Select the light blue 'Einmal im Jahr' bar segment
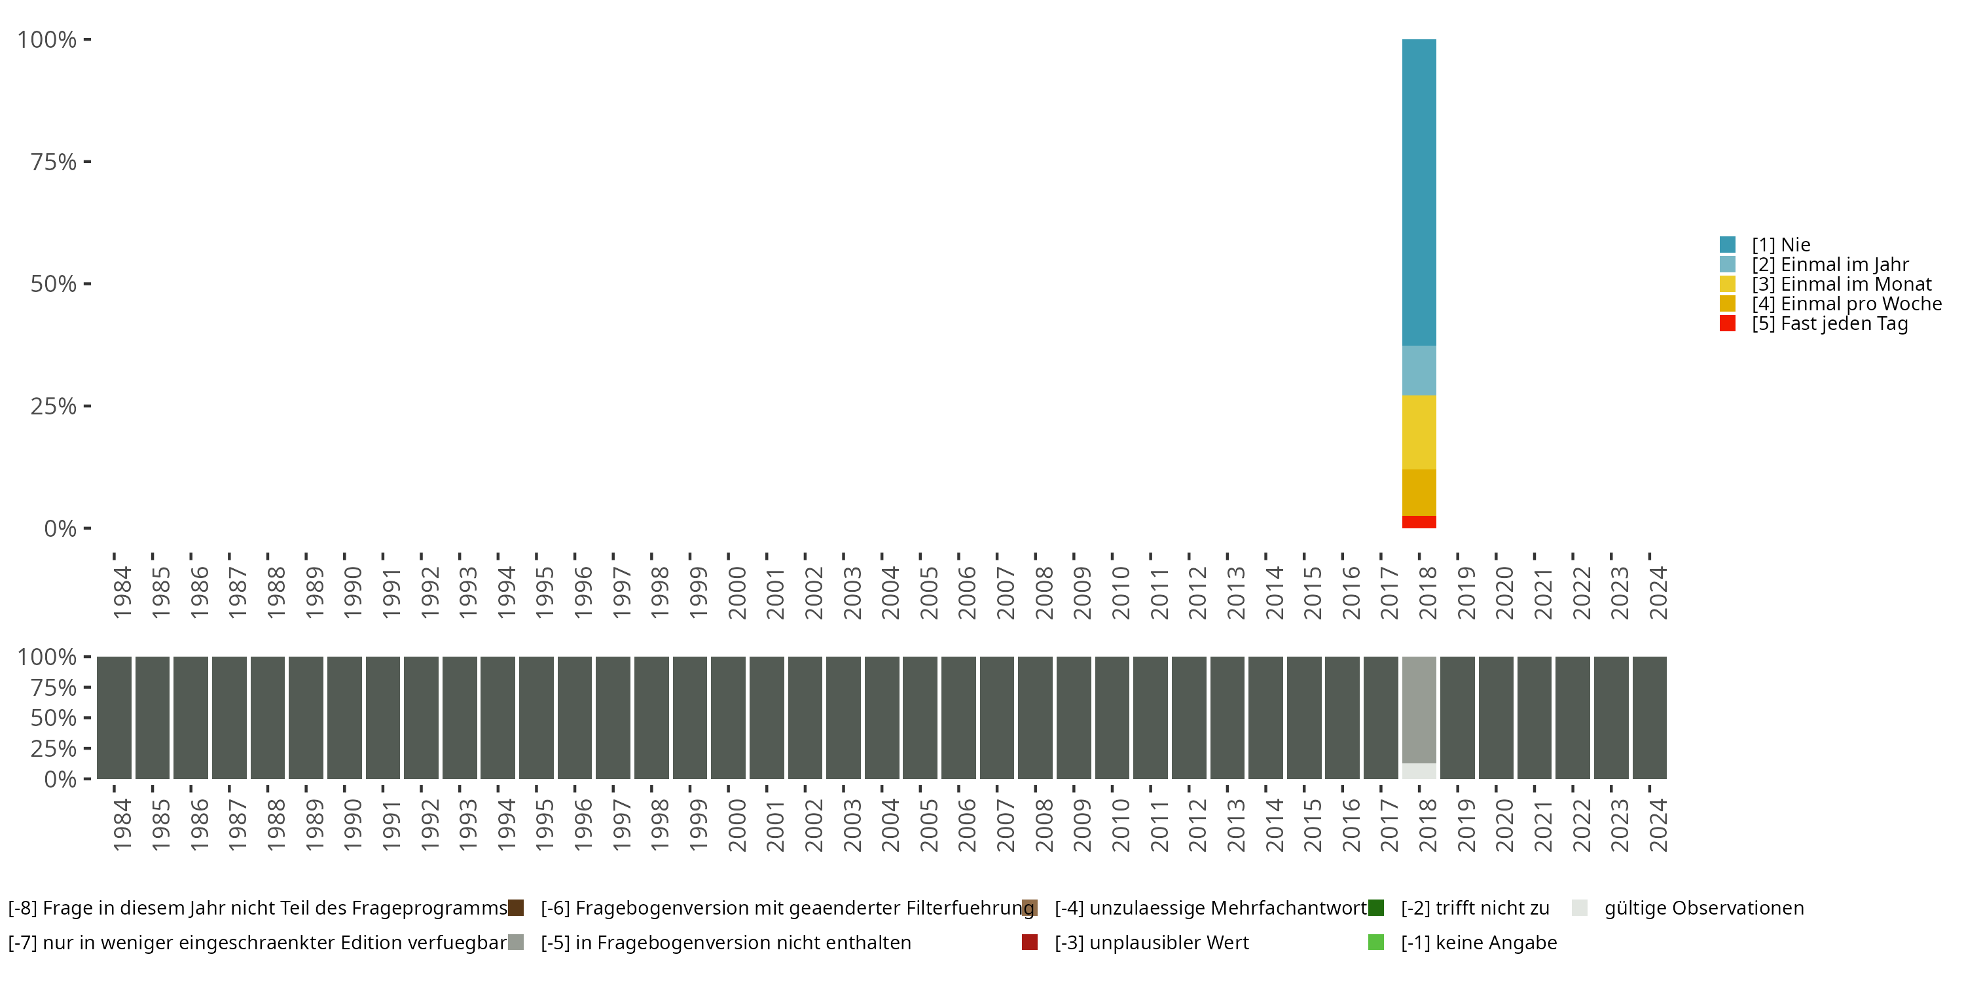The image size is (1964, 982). pos(1419,371)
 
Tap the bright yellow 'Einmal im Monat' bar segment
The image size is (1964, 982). pos(1419,432)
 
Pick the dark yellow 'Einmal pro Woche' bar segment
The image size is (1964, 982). pos(1419,492)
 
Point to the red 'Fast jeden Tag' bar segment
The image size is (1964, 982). pos(1419,522)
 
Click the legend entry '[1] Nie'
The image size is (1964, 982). pos(1780,245)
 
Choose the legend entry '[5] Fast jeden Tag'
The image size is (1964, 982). pos(1829,324)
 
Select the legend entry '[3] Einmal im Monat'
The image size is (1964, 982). pos(1840,284)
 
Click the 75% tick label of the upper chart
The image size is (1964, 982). pos(54,162)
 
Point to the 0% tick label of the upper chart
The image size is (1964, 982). pos(60,528)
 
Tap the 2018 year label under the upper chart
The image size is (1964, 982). pos(1427,593)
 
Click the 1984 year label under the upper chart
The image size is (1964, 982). pos(122,593)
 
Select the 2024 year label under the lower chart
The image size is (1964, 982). pos(1658,826)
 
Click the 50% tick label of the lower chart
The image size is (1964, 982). pos(54,718)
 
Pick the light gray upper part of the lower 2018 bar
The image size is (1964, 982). pos(1419,709)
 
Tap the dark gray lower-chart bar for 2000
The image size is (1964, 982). pos(728,718)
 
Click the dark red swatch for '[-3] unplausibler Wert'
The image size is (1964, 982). pos(1029,942)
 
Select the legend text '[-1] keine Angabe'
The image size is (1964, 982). pos(1478,942)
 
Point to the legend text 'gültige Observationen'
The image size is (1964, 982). pos(1703,908)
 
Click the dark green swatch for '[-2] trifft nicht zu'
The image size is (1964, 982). pos(1376,908)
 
